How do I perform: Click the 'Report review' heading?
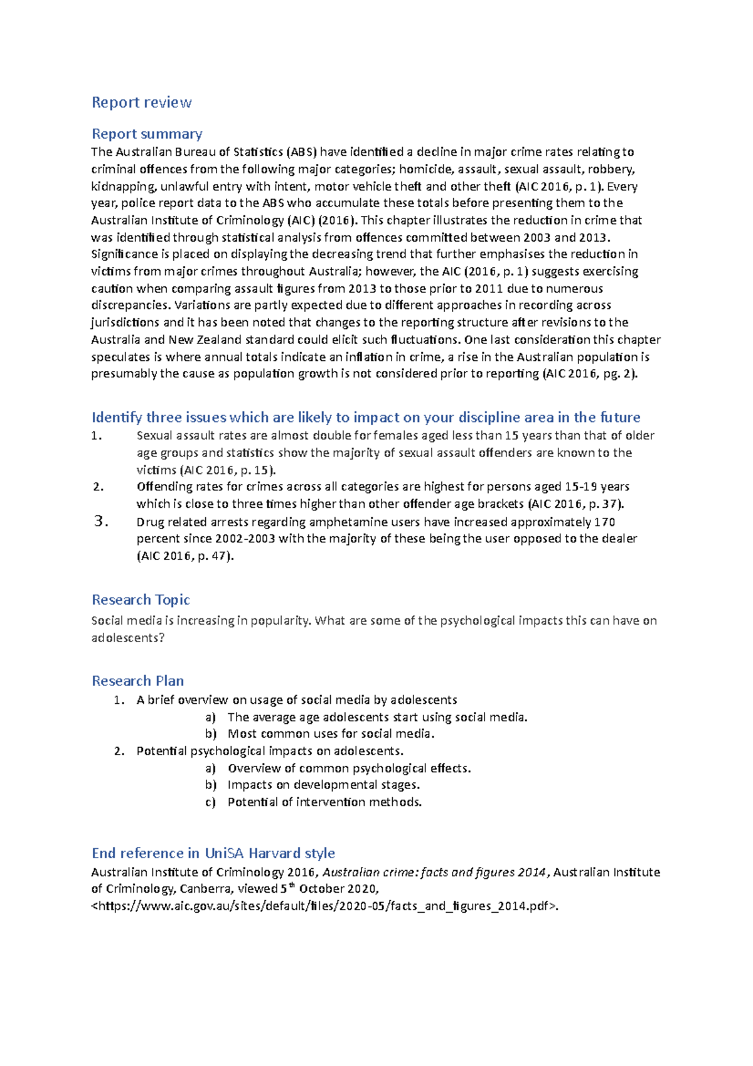click(141, 102)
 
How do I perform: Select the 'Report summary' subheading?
click(147, 134)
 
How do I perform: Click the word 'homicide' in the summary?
click(426, 169)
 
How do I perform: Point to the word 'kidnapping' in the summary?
click(123, 186)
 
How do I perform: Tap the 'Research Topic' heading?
click(141, 600)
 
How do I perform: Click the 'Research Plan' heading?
click(137, 681)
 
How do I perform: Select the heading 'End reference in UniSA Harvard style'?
click(213, 853)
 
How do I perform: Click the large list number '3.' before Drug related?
click(100, 521)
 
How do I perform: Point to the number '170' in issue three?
click(604, 522)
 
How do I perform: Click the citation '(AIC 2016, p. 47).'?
click(185, 556)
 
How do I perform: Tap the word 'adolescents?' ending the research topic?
click(128, 638)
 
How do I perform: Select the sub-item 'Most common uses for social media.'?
click(331, 734)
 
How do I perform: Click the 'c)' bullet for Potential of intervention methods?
click(210, 802)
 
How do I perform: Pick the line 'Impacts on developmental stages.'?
click(323, 785)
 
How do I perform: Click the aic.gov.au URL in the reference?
click(324, 906)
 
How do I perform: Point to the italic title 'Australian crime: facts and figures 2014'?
click(434, 872)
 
